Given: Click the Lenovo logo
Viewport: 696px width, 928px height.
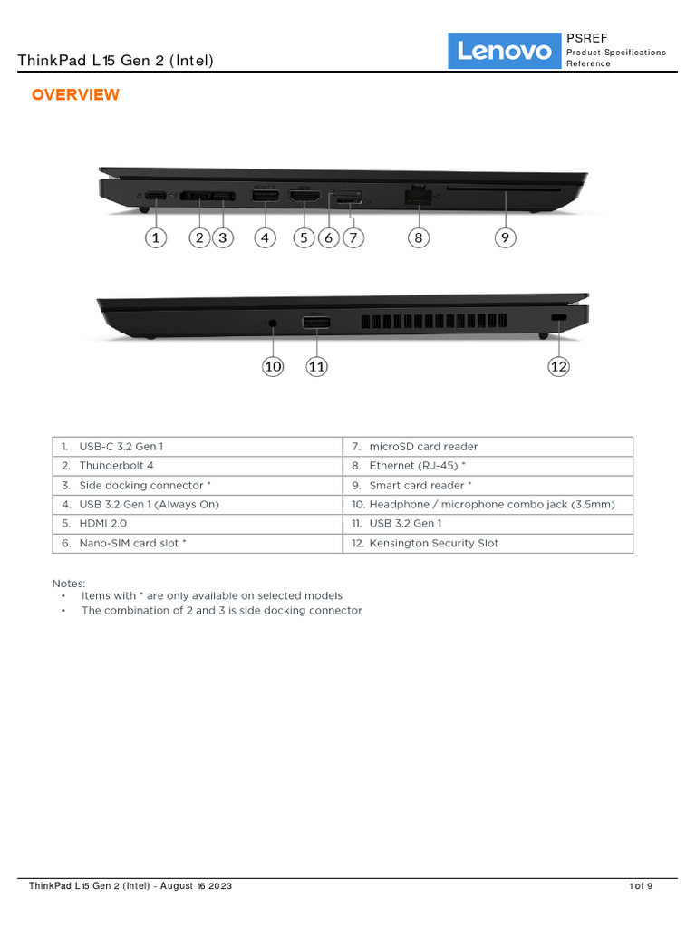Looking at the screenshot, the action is click(x=505, y=51).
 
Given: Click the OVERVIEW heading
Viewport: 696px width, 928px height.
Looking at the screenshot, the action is click(x=75, y=95).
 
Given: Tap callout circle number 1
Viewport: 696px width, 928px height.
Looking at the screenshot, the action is click(x=156, y=237).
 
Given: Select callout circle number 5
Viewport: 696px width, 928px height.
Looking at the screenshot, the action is click(x=304, y=237).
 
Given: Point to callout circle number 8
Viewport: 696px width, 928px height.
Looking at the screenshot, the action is click(x=418, y=237).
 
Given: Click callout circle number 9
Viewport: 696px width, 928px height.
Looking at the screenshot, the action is click(x=506, y=237).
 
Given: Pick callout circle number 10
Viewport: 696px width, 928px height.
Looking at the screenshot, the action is click(x=273, y=366).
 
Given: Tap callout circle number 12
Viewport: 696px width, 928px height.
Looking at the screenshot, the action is click(x=558, y=366).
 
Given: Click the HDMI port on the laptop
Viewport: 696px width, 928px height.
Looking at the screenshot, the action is click(x=304, y=196).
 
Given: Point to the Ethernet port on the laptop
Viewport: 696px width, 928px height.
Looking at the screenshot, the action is click(x=418, y=195).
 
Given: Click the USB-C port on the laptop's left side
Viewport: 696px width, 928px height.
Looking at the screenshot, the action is click(x=156, y=196).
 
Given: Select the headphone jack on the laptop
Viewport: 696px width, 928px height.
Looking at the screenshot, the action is click(x=274, y=322).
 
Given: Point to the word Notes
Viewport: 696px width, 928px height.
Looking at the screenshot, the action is click(x=69, y=584).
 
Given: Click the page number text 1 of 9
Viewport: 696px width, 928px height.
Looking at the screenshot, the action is click(x=641, y=886).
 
